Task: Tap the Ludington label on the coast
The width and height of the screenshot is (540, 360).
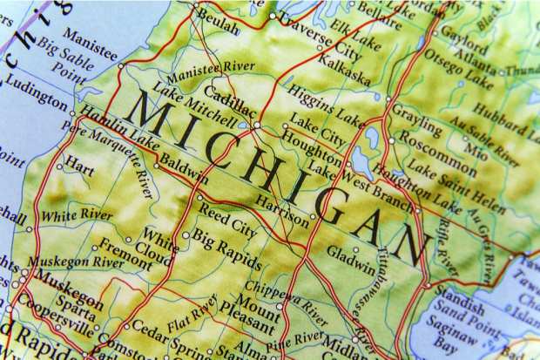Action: click(36, 91)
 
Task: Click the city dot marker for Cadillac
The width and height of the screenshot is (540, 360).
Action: click(257, 126)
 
